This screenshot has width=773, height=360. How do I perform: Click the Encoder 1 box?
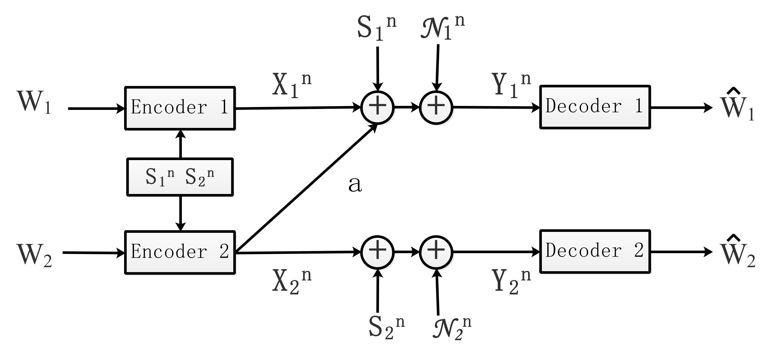180,108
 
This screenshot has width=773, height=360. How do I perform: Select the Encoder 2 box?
180,252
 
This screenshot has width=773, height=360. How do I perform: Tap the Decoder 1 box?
595,107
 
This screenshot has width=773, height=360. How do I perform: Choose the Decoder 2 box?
595,251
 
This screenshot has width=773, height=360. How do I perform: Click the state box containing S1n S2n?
180,177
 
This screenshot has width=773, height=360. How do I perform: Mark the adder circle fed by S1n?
377,107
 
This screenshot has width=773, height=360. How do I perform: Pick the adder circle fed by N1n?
436,107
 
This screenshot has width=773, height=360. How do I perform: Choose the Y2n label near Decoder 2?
511,281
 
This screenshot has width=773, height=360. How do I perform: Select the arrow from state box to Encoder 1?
180,144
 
